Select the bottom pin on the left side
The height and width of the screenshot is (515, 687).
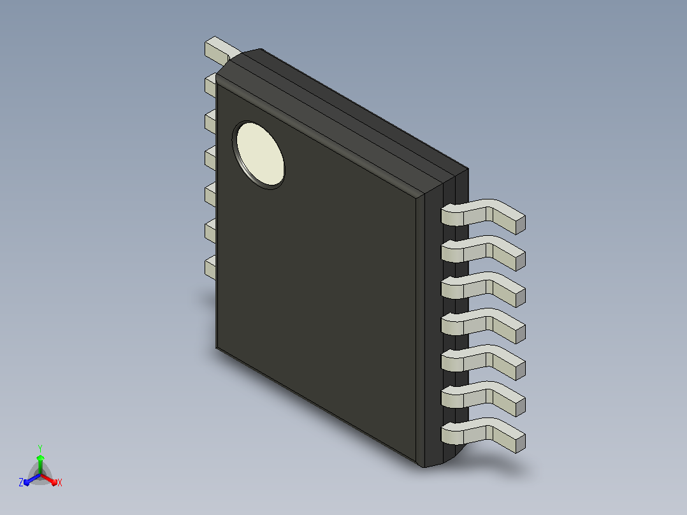(210, 268)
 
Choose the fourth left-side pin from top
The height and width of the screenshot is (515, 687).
(210, 158)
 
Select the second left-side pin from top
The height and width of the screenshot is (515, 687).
(210, 85)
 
